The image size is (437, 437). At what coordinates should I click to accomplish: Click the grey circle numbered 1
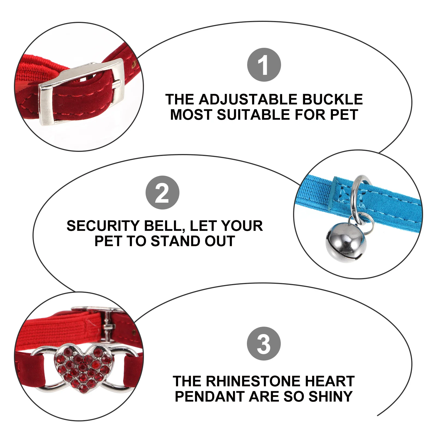point(264,65)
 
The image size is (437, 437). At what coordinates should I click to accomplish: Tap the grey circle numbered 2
point(162,193)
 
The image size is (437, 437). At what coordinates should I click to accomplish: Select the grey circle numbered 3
point(264,344)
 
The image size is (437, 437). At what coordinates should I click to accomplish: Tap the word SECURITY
point(103,226)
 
